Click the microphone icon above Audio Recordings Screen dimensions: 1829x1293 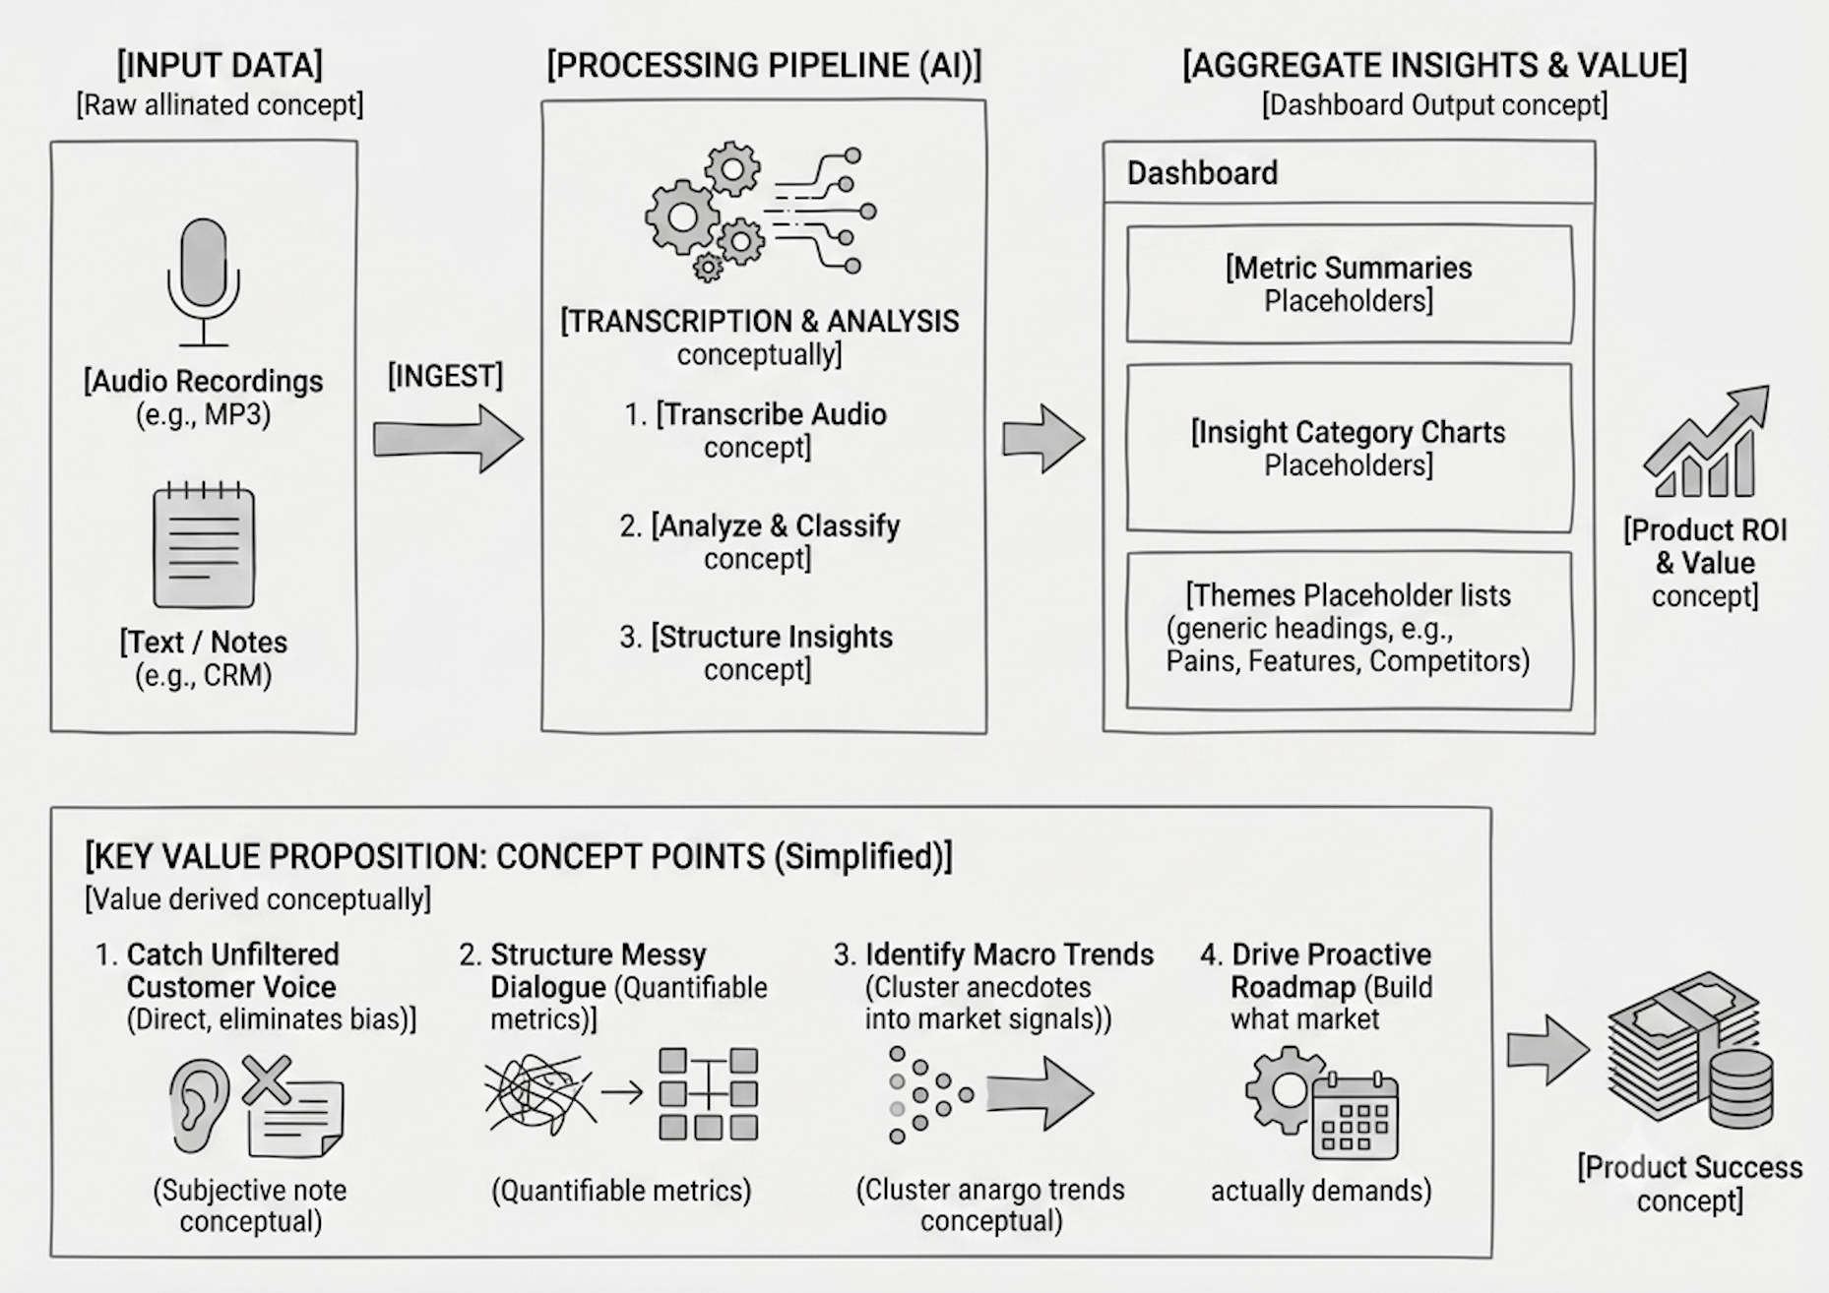pos(203,281)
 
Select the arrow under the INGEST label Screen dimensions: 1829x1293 pos(448,439)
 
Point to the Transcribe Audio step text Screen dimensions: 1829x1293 pos(756,430)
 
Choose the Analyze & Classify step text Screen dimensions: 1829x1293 pos(759,541)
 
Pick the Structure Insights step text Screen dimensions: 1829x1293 pos(756,652)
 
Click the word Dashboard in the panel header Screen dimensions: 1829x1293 pos(1202,173)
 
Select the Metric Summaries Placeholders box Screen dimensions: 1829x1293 pos(1349,284)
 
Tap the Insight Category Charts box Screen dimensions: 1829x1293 pos(1349,448)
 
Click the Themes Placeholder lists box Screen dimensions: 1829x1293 pos(1349,630)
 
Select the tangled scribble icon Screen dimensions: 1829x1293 pos(539,1094)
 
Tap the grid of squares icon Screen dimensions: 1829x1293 pos(709,1094)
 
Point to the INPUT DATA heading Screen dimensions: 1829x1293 pos(220,65)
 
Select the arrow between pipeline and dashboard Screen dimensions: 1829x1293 pos(1044,439)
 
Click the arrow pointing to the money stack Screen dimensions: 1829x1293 pos(1548,1050)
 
